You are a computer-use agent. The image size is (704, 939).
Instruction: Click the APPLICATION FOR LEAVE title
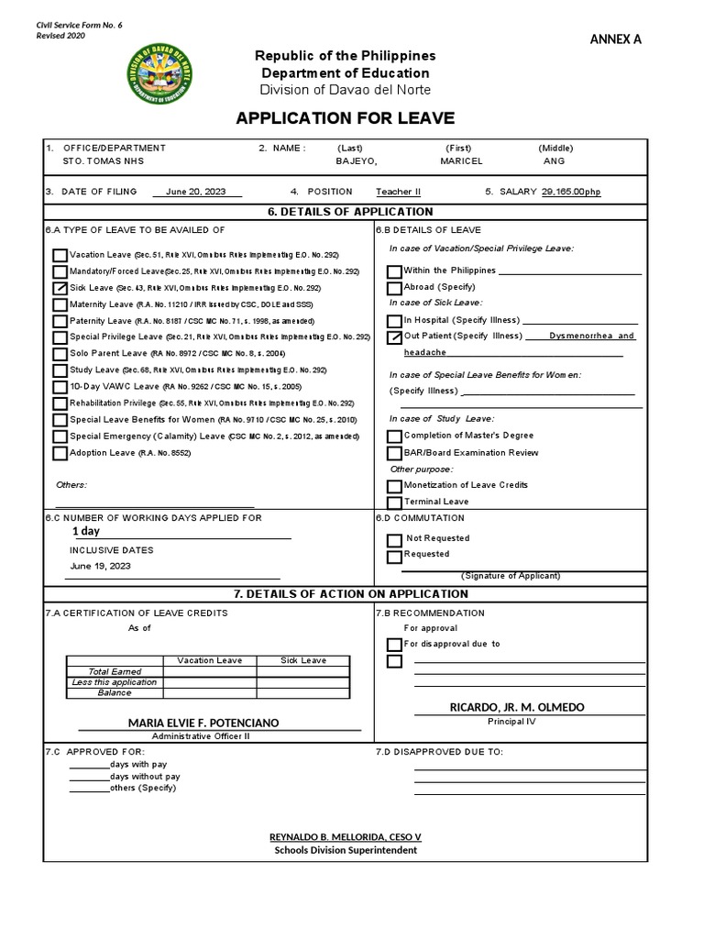click(x=345, y=118)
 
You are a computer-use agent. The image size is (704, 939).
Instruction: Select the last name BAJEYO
click(x=357, y=160)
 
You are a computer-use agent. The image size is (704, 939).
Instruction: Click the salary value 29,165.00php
click(x=572, y=192)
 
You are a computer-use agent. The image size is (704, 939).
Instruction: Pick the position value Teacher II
click(x=398, y=192)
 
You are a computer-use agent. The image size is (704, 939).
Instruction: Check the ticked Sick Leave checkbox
click(x=60, y=288)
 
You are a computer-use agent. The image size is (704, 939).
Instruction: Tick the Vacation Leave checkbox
click(x=60, y=255)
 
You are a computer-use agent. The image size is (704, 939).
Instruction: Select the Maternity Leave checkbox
click(x=60, y=304)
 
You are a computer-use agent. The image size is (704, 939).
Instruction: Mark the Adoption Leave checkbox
click(x=60, y=453)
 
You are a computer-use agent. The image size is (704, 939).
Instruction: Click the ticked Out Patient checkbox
click(x=394, y=337)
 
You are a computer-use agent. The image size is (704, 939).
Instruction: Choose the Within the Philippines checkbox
click(x=394, y=271)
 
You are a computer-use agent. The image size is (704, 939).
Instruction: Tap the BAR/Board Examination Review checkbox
click(x=394, y=453)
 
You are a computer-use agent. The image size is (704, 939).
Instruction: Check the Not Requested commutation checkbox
click(x=394, y=540)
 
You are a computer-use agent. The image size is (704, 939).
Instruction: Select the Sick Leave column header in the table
click(x=302, y=660)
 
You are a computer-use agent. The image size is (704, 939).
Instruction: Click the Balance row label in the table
click(x=115, y=693)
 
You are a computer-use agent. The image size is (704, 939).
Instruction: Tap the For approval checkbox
click(x=394, y=645)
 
